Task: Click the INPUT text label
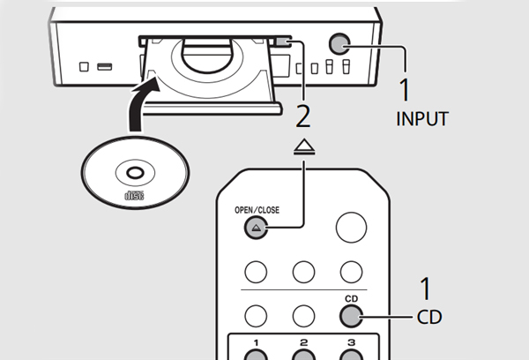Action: click(x=421, y=118)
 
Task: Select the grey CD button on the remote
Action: click(x=351, y=315)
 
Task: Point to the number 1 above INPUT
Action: click(x=406, y=89)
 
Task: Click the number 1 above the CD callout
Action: click(x=425, y=289)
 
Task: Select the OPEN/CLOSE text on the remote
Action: click(x=255, y=210)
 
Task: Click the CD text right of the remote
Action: click(x=429, y=316)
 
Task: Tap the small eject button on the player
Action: click(x=281, y=41)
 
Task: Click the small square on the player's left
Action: click(x=83, y=66)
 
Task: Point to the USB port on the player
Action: click(x=104, y=66)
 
